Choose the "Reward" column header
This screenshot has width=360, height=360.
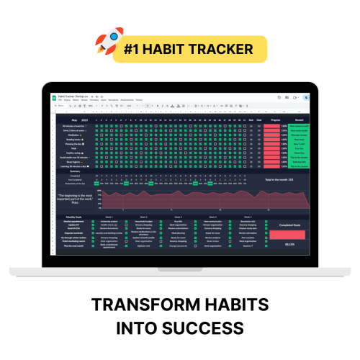click(299, 120)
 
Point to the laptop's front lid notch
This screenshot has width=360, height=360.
click(180, 269)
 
